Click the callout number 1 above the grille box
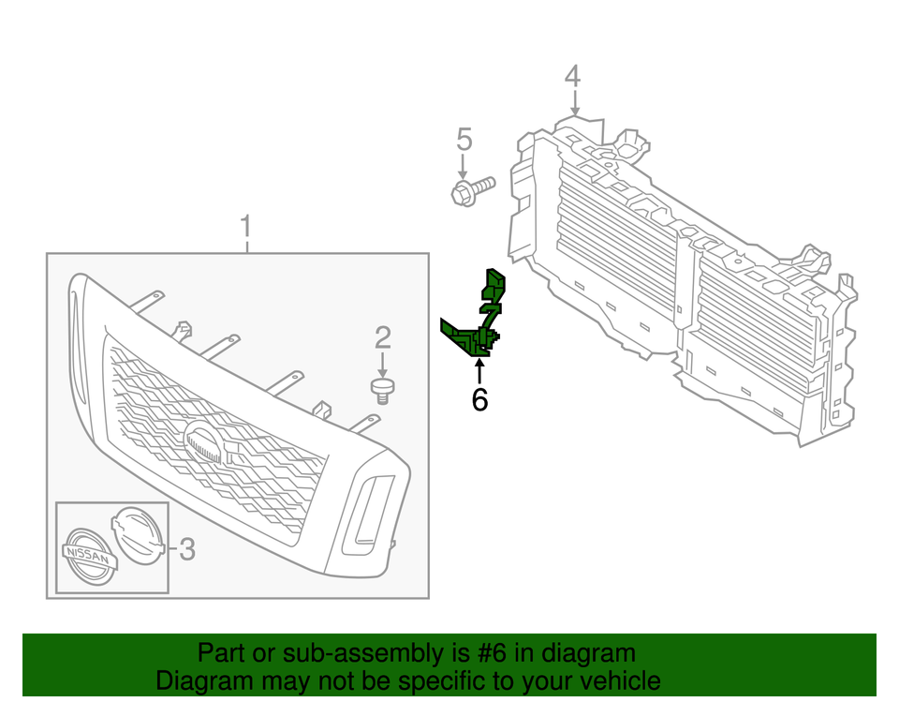point(245,227)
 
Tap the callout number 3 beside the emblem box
point(186,549)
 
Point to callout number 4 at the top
point(573,76)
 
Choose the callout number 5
point(464,141)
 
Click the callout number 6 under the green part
point(479,400)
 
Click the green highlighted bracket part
point(478,323)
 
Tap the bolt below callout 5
point(472,192)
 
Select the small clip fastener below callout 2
point(381,389)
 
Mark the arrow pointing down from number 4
point(574,103)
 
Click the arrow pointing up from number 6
point(479,370)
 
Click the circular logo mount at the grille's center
point(206,441)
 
